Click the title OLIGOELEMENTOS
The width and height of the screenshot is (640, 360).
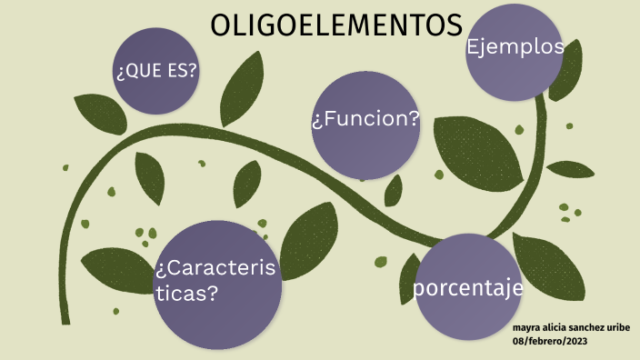336,26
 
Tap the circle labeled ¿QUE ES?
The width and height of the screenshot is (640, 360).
156,71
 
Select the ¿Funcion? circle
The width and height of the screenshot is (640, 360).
365,124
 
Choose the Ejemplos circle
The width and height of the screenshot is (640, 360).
515,53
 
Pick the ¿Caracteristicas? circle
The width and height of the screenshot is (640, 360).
215,284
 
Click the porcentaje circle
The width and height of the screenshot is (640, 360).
468,287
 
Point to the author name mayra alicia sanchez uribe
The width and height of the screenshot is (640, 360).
571,327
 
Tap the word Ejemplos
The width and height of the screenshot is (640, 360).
515,47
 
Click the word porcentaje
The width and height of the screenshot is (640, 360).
468,288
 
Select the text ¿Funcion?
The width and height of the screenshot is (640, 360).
365,119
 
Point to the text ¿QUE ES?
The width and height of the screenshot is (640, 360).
156,72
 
